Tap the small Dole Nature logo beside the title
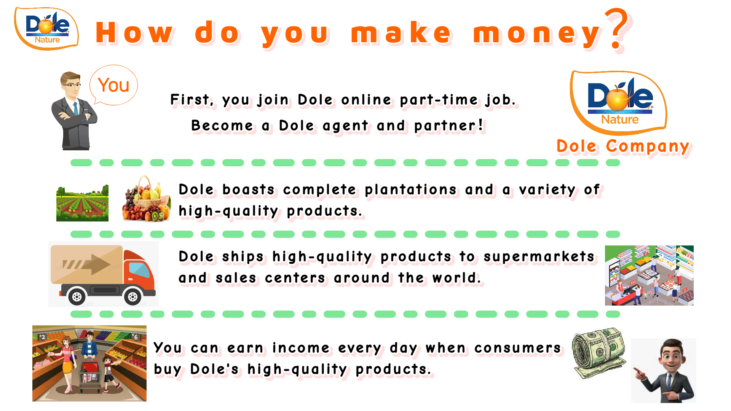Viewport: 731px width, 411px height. coord(46,29)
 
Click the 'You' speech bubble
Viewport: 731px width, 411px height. coord(113,85)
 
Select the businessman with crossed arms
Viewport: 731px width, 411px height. coord(74,111)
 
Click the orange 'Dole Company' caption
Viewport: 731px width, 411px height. coord(623,147)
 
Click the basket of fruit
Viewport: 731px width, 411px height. coord(147,199)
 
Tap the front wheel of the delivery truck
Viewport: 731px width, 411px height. coord(132,296)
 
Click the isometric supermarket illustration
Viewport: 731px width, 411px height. coord(649,276)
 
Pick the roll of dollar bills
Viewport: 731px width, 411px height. coord(599,353)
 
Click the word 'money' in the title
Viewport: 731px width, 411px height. coord(537,33)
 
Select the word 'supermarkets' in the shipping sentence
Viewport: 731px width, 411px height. coord(539,257)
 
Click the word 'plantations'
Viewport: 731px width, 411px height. coord(411,190)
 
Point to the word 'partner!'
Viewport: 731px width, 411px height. coord(449,126)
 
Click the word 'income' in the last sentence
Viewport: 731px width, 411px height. coord(301,348)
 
